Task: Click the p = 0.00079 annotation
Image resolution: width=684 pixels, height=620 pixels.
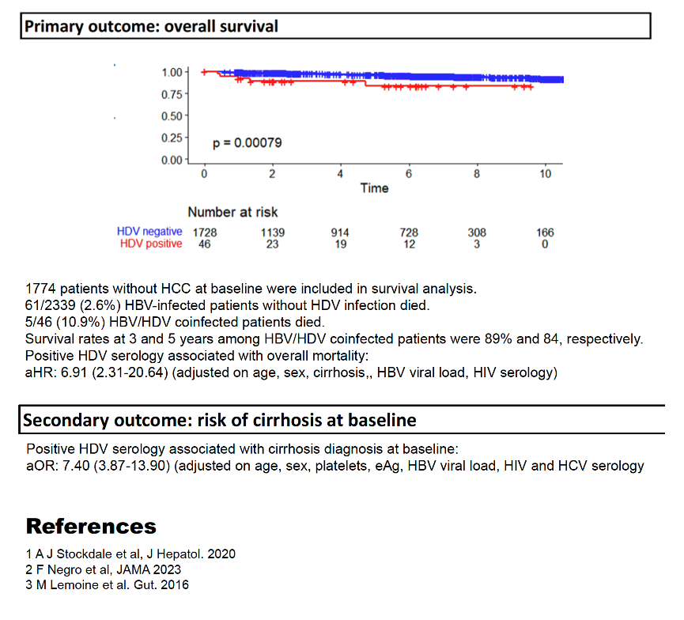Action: [x=247, y=143]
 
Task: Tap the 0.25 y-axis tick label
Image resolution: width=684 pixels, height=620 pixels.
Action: [x=172, y=138]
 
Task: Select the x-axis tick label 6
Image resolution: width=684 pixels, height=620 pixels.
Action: [x=409, y=174]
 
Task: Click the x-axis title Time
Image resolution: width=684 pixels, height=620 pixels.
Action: [x=374, y=188]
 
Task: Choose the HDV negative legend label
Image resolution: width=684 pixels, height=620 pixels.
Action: [x=149, y=231]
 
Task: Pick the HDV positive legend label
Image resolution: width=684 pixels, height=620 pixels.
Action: [x=151, y=244]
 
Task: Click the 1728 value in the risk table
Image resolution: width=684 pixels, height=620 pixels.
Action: [x=205, y=232]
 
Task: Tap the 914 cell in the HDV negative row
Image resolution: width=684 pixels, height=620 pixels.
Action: [x=340, y=232]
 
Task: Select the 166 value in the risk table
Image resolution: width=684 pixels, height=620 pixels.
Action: [x=545, y=232]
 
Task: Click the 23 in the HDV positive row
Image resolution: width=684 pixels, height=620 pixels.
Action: [x=272, y=244]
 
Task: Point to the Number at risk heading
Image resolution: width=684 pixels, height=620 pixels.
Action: [x=232, y=212]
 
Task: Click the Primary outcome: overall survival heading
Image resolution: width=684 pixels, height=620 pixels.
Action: [x=151, y=26]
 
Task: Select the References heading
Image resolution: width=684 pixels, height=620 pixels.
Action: [x=91, y=526]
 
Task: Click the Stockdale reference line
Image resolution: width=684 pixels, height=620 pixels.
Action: [x=130, y=554]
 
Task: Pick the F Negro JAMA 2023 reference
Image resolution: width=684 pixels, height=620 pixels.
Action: [x=104, y=569]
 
